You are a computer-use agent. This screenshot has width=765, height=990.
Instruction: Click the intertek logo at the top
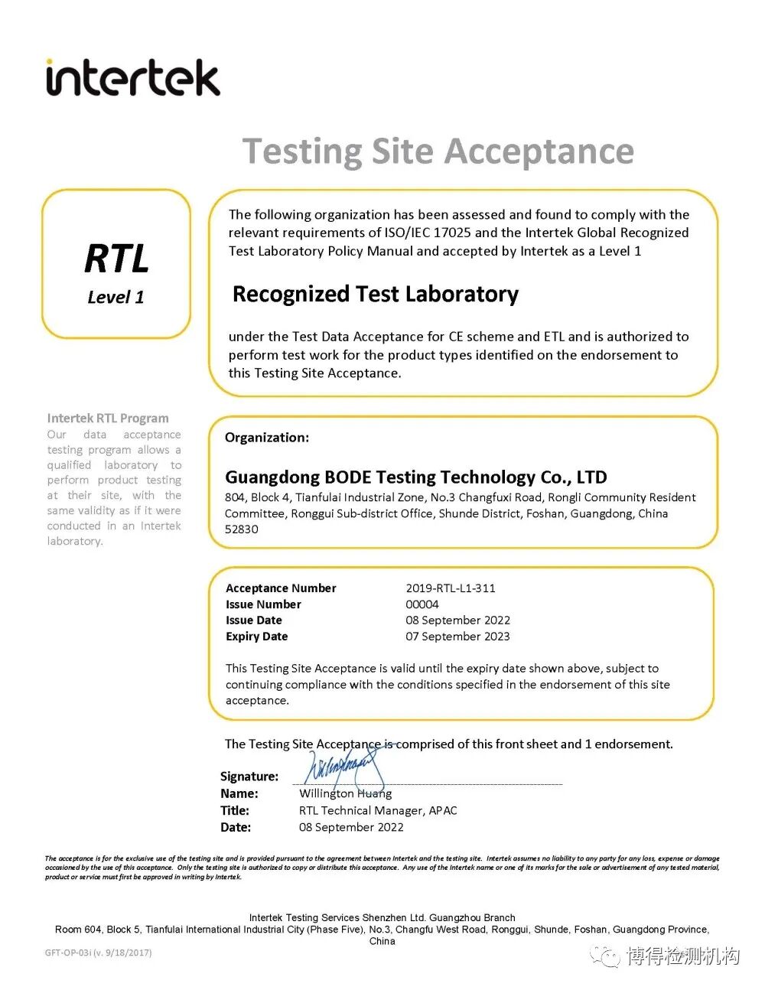click(x=133, y=78)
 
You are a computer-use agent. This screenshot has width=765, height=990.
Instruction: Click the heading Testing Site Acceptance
click(x=438, y=151)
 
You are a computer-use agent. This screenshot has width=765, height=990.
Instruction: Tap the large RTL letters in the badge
click(x=116, y=259)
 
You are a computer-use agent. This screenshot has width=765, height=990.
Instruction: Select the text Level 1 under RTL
click(x=116, y=297)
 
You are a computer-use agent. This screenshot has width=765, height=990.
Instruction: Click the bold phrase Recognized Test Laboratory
click(x=375, y=294)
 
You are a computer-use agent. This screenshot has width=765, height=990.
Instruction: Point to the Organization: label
click(x=267, y=438)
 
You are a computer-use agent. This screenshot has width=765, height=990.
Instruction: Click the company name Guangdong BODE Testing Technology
click(x=415, y=477)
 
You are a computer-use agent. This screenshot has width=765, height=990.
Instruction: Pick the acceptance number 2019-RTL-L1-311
click(x=451, y=588)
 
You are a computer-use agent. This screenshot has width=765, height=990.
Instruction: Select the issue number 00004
click(x=422, y=604)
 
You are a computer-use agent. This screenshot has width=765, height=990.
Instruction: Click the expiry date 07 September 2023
click(x=457, y=637)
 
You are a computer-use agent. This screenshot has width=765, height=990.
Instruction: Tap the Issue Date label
click(x=253, y=620)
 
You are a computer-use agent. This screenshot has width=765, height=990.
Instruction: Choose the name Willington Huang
click(x=345, y=794)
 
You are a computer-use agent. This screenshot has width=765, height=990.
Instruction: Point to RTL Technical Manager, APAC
click(x=378, y=811)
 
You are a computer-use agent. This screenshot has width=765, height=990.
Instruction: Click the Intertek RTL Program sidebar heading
click(x=108, y=418)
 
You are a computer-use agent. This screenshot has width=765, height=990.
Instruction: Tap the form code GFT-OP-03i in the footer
click(x=98, y=953)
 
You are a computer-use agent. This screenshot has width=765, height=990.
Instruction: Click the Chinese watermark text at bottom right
click(x=682, y=956)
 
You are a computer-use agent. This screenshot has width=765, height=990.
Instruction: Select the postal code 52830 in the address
click(x=242, y=529)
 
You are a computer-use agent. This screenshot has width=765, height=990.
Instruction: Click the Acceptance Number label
click(x=281, y=588)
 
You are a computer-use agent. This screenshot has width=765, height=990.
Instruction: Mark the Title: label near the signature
click(x=235, y=811)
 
